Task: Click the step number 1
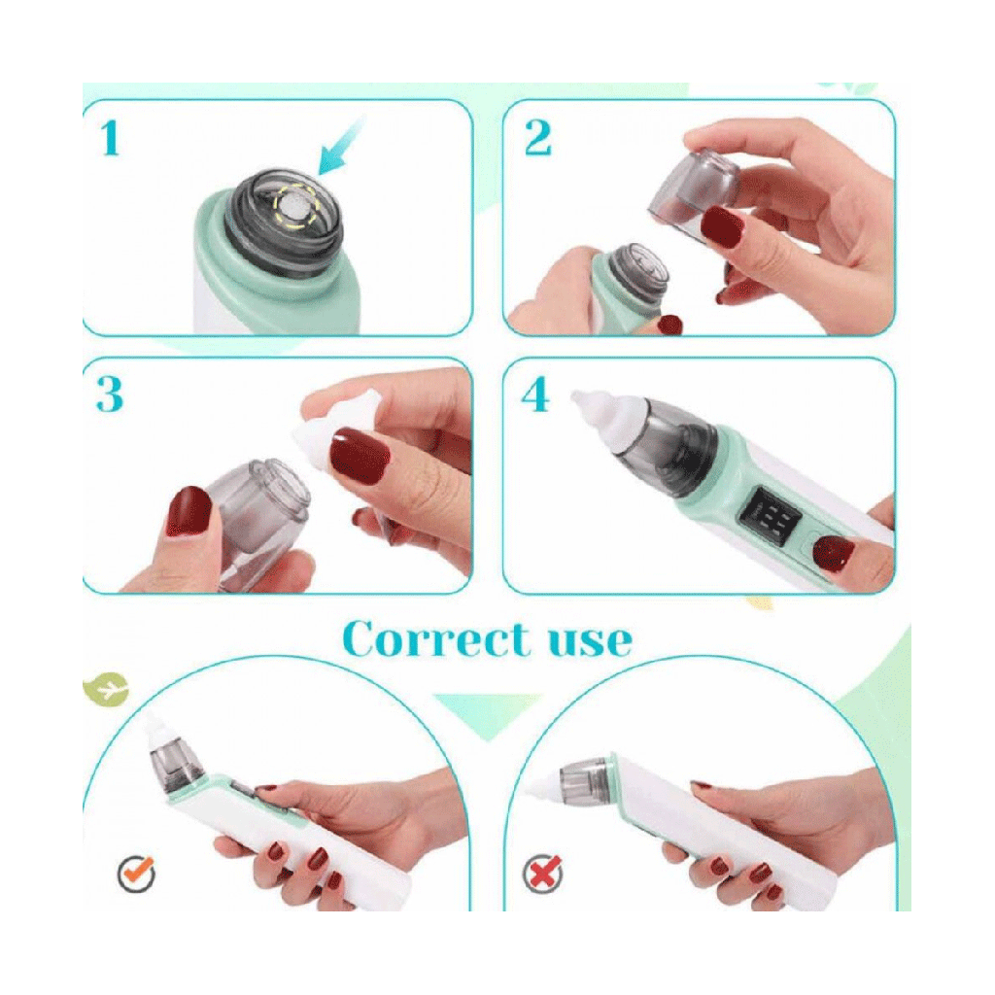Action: [x=111, y=138]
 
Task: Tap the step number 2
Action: [x=538, y=138]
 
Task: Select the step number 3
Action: [x=109, y=395]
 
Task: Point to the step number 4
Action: [x=535, y=395]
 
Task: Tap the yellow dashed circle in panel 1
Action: [x=295, y=205]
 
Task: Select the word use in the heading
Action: [x=590, y=641]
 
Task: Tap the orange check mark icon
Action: [x=137, y=873]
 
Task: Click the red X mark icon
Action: [x=543, y=873]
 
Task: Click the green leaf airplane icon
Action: [x=106, y=689]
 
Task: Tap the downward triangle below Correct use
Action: [x=488, y=717]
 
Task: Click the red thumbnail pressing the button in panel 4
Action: [x=833, y=553]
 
